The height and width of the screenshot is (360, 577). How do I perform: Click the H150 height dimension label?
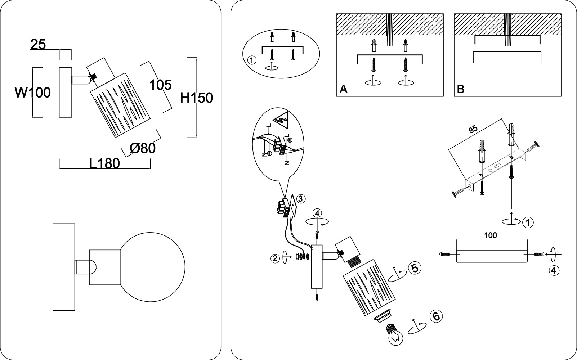(x=196, y=98)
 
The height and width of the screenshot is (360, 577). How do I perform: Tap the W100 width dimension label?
(x=32, y=93)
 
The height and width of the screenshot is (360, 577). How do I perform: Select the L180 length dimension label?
(x=104, y=163)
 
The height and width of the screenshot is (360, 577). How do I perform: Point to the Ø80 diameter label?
(x=142, y=148)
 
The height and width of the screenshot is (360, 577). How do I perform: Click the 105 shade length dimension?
(x=160, y=85)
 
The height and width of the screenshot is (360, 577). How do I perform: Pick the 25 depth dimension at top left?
(x=38, y=45)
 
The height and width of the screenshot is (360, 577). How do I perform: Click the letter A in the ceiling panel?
(x=344, y=89)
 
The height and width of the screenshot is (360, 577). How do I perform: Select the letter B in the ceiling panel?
(x=460, y=89)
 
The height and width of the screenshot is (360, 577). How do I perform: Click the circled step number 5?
(x=414, y=268)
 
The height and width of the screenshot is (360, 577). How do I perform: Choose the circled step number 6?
(x=435, y=316)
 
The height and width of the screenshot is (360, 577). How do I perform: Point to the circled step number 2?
(x=276, y=258)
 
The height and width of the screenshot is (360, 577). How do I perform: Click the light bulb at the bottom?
(x=394, y=334)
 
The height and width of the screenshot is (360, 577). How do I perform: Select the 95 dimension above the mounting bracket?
(x=473, y=129)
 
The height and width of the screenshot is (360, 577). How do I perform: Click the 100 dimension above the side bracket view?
(x=491, y=235)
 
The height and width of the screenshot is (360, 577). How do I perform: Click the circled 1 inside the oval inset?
(x=252, y=60)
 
